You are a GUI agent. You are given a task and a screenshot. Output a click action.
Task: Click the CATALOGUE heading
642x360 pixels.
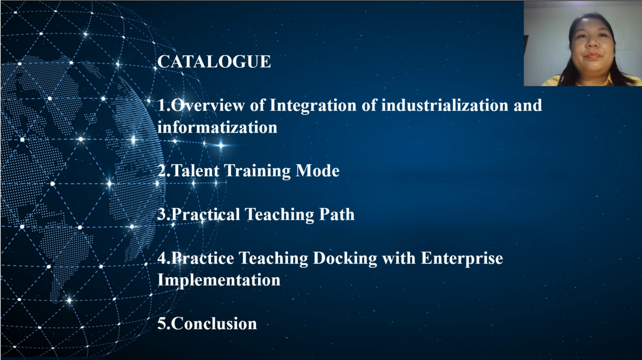tap(214, 62)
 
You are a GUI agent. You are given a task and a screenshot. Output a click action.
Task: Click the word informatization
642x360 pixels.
tap(218, 127)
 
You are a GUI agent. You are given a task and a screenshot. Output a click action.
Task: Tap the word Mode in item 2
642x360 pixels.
tap(318, 170)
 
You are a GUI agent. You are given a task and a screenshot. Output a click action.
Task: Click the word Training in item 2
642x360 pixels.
tap(257, 171)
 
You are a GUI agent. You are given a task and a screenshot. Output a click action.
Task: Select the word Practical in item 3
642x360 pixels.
tap(205, 214)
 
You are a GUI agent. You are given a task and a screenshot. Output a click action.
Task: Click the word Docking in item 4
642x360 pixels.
tap(345, 259)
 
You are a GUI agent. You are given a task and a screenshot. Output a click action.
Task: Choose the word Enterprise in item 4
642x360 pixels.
tap(462, 259)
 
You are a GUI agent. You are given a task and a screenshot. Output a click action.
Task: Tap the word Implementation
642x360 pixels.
tap(219, 280)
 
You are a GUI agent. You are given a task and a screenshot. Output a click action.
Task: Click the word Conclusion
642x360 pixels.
tap(214, 324)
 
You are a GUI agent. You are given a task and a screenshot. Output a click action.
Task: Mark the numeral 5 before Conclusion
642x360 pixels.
tap(162, 324)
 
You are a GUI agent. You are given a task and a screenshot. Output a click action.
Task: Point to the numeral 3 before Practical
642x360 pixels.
tap(162, 214)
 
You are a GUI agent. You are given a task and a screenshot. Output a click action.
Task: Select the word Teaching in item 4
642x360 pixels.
tap(273, 259)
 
